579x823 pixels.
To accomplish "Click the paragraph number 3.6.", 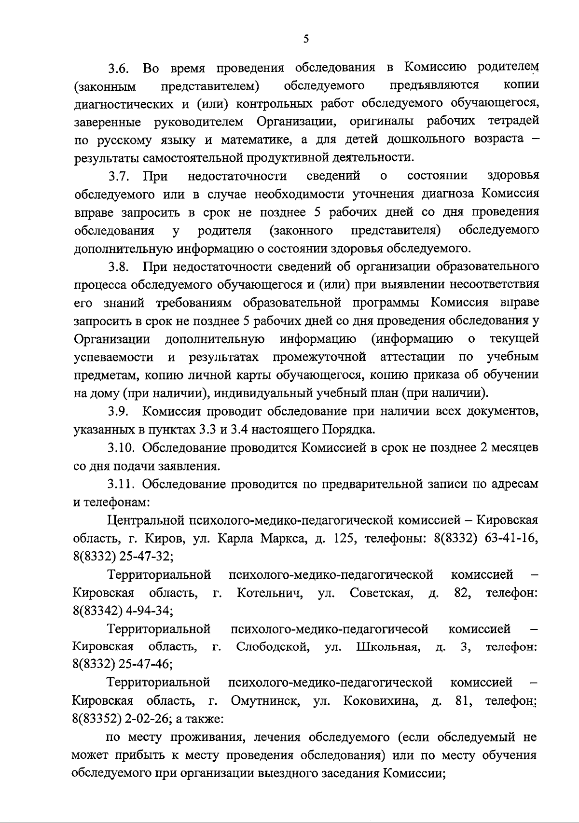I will point(118,69).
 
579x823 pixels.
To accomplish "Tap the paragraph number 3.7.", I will point(118,176).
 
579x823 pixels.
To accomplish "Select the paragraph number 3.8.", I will point(118,267).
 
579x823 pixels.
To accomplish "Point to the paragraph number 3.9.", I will point(118,412).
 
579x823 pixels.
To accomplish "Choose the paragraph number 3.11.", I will point(121,484).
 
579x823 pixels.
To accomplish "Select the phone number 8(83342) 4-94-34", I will point(123,611).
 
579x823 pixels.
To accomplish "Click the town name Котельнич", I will point(270,593).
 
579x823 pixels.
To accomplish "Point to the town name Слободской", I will point(273,647).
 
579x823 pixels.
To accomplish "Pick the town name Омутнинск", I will point(263,701).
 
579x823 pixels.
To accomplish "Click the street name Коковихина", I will point(380,701).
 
